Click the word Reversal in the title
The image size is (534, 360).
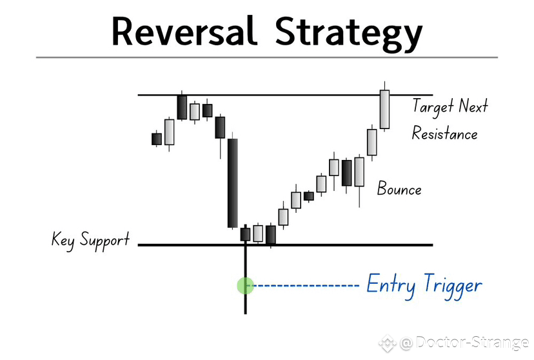point(184,31)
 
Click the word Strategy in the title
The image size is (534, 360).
point(349,34)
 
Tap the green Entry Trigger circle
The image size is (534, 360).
point(246,285)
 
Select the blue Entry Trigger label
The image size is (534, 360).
point(424,286)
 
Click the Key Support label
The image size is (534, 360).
point(90,241)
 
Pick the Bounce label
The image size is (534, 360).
point(399,188)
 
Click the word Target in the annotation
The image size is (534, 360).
point(433,106)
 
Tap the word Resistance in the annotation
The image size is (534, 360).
point(445,133)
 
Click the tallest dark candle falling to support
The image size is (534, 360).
point(233,183)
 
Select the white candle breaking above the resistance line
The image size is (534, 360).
point(384,109)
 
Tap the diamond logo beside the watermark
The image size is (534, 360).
point(388,343)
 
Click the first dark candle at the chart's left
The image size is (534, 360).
point(157,139)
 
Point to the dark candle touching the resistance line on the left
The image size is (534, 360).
point(182,107)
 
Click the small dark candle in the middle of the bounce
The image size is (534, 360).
point(309,196)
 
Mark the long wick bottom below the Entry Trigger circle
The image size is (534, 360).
point(246,314)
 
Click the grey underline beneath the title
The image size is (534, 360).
point(267,57)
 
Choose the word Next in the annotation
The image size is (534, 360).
point(473,106)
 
